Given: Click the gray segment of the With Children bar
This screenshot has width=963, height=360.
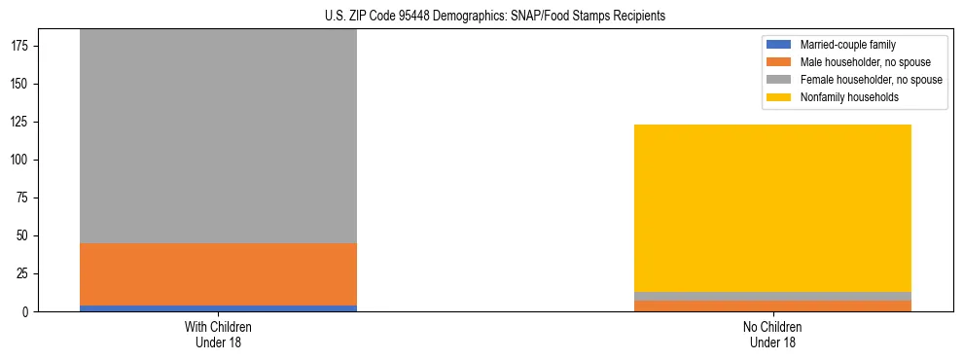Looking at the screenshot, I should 218,136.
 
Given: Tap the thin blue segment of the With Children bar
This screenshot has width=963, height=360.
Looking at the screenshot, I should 218,307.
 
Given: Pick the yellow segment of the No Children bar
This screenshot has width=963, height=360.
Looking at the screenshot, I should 772,208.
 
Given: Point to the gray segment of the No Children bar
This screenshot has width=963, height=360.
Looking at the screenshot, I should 772,296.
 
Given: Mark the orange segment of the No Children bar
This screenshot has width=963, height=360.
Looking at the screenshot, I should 772,306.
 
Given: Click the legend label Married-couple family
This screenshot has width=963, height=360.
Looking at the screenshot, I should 847,45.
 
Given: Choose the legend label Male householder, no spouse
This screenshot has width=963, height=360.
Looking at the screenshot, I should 865,62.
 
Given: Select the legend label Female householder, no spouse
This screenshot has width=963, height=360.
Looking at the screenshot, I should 871,80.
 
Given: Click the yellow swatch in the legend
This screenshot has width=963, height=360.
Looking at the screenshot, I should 779,97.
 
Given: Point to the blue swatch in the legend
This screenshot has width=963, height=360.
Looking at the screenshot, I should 779,45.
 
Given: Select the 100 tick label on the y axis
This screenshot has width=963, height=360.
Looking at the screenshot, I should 20,160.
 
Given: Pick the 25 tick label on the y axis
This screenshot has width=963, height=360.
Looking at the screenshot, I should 23,273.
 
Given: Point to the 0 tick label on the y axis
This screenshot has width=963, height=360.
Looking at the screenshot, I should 27,311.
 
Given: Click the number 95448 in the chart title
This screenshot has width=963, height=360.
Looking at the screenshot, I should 416,16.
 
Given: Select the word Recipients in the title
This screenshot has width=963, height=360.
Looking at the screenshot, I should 635,16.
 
